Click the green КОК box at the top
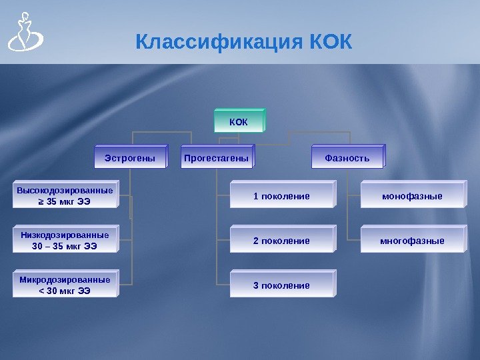[x=239, y=122]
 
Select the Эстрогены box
[x=130, y=158]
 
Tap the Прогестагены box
[x=216, y=158]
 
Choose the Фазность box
[x=347, y=158]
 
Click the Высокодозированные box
[x=65, y=195]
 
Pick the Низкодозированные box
[x=65, y=240]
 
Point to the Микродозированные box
[x=65, y=285]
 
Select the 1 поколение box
[x=281, y=196]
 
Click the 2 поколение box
[x=281, y=241]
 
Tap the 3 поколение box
[x=281, y=285]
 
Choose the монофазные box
[x=412, y=196]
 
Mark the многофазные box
[x=412, y=241]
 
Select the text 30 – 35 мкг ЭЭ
[x=65, y=246]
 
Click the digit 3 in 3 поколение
[x=255, y=285]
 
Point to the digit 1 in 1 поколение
[x=255, y=196]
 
